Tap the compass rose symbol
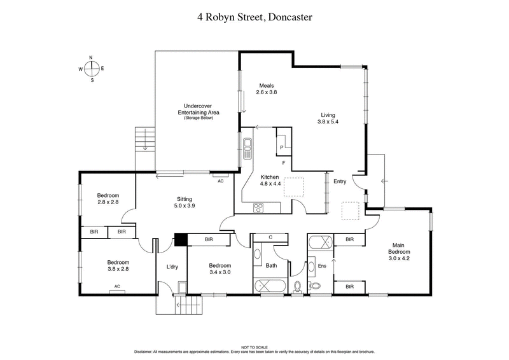coord(92,69)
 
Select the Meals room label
coord(267,88)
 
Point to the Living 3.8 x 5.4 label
coord(328,119)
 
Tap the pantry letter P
coord(281,147)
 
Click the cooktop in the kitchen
coord(259,206)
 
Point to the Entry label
coord(340,181)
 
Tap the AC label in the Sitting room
coord(220,181)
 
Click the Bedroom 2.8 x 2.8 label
coord(108,198)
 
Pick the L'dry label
coord(172,267)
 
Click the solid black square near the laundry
coord(181,240)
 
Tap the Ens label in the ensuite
coord(321,266)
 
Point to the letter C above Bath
coord(270,237)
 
